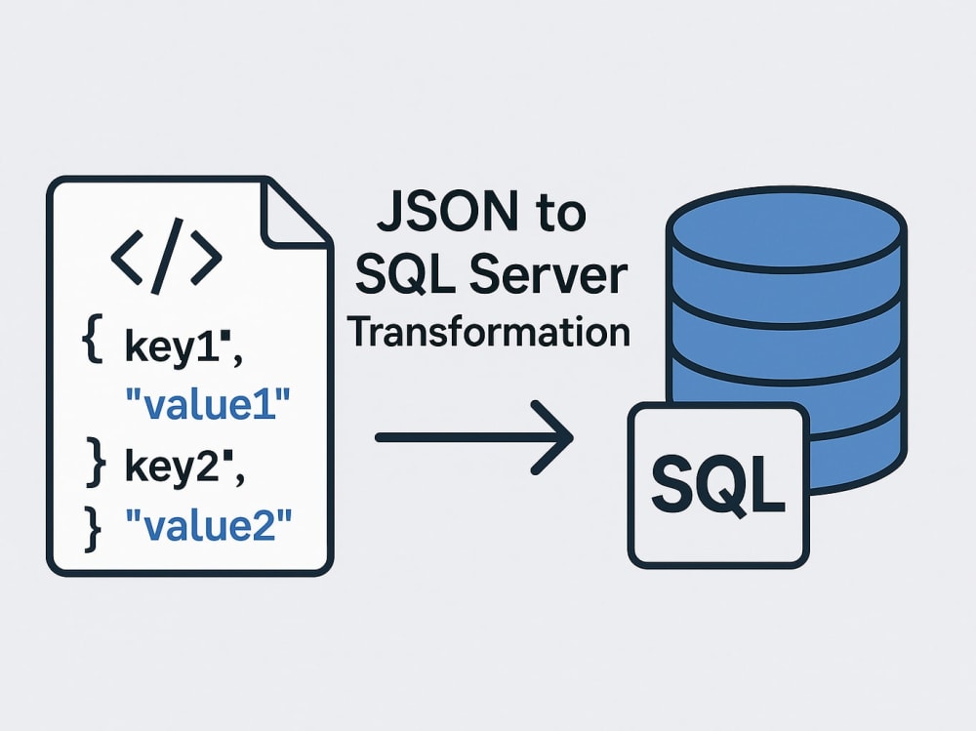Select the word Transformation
(489, 332)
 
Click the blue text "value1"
(208, 403)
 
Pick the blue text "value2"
(208, 524)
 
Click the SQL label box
(718, 485)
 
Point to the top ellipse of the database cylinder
(786, 228)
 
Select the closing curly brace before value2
(93, 529)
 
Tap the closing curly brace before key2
(96, 461)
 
